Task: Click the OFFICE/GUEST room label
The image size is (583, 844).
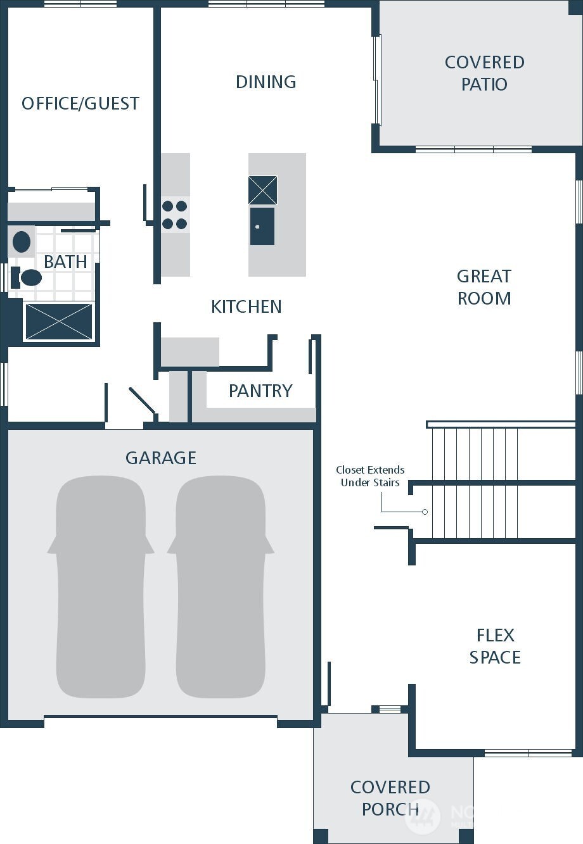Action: [80, 103]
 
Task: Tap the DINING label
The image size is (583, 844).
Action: [266, 82]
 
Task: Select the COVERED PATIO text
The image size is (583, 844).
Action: [484, 73]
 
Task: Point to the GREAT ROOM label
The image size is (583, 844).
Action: [484, 287]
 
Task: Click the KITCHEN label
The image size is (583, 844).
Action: [246, 306]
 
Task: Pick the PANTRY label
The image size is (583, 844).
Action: [260, 391]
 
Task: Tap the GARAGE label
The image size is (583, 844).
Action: [161, 458]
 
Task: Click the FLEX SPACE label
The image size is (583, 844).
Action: [495, 646]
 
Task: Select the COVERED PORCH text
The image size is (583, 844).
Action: [390, 798]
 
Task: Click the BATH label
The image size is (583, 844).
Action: [65, 261]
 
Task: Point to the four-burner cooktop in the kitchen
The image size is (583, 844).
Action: [175, 215]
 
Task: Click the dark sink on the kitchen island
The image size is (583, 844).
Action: [262, 226]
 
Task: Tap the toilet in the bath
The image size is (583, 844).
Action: [27, 277]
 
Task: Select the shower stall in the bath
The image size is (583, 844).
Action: [58, 322]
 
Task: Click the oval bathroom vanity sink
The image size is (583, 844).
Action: [22, 242]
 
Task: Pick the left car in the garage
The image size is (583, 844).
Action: [101, 586]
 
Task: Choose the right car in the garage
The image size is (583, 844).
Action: [221, 586]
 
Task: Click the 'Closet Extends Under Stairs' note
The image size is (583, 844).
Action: [370, 476]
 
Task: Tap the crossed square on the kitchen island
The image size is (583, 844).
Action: [262, 190]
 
